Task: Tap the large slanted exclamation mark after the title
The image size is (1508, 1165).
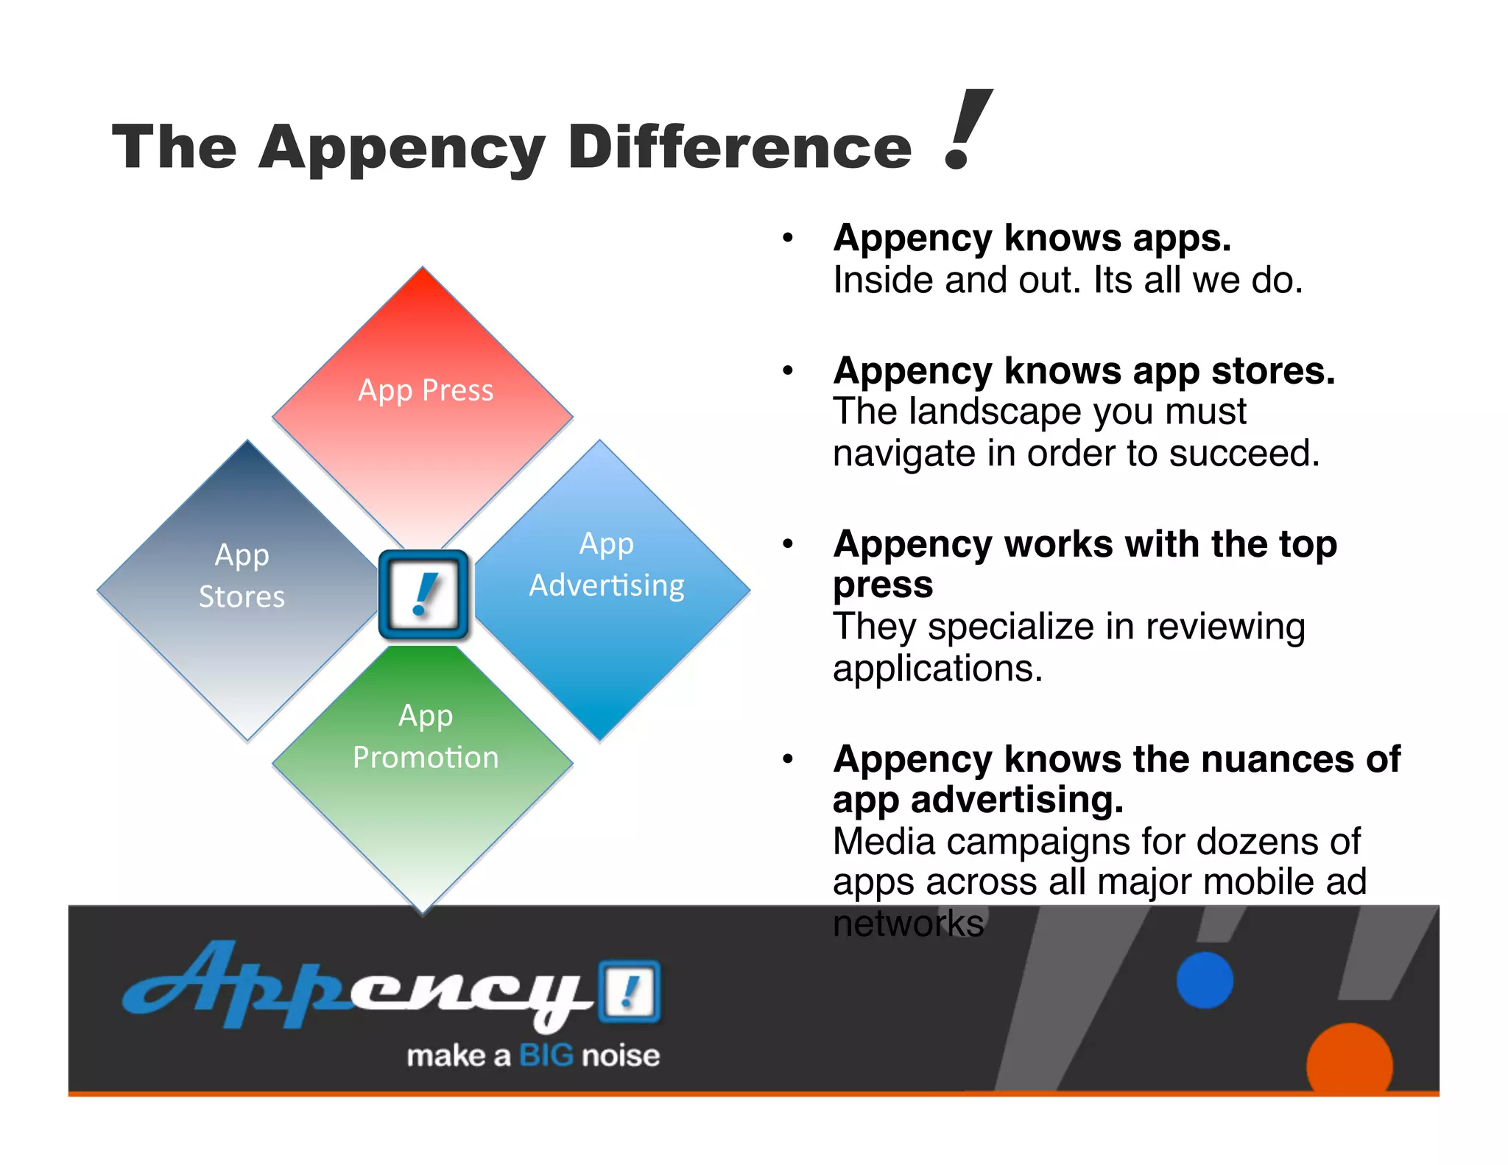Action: (x=966, y=131)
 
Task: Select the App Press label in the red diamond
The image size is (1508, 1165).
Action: (x=426, y=390)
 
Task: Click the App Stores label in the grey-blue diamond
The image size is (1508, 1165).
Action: (x=242, y=576)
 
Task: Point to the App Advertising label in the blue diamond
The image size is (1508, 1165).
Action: (x=607, y=565)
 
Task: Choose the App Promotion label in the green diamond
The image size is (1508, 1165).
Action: (x=426, y=736)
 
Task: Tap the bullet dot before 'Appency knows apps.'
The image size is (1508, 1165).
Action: (x=788, y=239)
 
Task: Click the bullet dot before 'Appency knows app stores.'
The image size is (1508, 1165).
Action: (x=788, y=370)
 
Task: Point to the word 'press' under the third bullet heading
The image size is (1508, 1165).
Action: (x=883, y=585)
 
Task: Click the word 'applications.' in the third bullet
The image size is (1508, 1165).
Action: (x=937, y=669)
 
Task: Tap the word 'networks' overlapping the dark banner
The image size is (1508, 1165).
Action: (x=908, y=923)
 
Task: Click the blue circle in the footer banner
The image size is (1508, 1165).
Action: (x=1205, y=980)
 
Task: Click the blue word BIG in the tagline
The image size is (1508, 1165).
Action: (x=546, y=1056)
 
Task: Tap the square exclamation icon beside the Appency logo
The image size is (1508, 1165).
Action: (x=629, y=991)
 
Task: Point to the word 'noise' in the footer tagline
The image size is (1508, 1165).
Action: (x=621, y=1056)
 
